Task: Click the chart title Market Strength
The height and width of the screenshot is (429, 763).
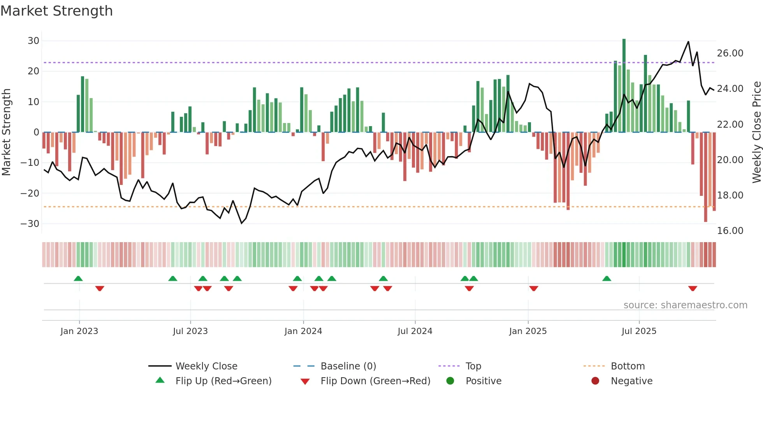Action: pyautogui.click(x=56, y=11)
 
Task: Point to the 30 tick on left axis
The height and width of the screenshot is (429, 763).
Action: pyautogui.click(x=33, y=41)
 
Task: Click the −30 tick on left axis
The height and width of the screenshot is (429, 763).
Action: pyautogui.click(x=30, y=224)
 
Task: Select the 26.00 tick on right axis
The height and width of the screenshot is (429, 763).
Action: pyautogui.click(x=730, y=53)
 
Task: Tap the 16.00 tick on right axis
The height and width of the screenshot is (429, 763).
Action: pyautogui.click(x=730, y=231)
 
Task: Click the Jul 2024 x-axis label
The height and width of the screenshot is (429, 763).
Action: pyautogui.click(x=415, y=331)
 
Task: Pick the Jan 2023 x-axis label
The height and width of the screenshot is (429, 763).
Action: pyautogui.click(x=79, y=331)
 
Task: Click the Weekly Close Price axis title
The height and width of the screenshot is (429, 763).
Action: pyautogui.click(x=756, y=132)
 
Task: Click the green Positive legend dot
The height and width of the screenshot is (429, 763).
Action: pyautogui.click(x=450, y=381)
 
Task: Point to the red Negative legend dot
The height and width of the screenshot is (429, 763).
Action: pyautogui.click(x=595, y=381)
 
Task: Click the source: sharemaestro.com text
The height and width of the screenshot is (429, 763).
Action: pyautogui.click(x=685, y=305)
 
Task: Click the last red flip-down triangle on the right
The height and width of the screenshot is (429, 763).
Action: pyautogui.click(x=693, y=288)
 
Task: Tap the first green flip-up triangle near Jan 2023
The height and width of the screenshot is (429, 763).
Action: pyautogui.click(x=78, y=278)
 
